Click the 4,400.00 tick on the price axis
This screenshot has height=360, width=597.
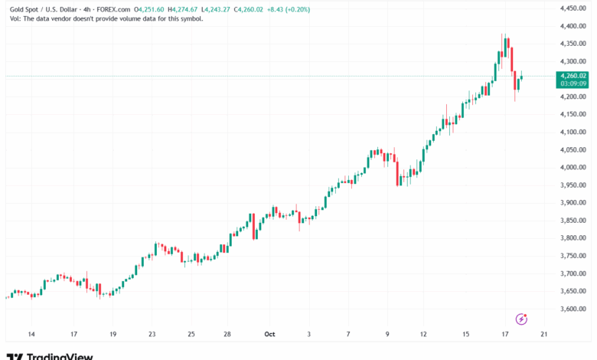point(573,26)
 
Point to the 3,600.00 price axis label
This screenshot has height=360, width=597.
point(573,309)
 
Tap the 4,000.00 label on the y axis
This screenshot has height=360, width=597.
point(573,168)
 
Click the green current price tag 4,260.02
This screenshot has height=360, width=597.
point(573,76)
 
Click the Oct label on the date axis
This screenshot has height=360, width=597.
point(269,335)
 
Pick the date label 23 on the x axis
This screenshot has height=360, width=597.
point(152,335)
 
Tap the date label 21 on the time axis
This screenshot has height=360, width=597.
point(543,335)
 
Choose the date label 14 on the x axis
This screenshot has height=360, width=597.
point(31,335)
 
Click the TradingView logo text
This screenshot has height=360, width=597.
point(60,356)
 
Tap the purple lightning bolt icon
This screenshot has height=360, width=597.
point(522,319)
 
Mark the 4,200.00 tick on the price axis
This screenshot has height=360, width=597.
point(573,97)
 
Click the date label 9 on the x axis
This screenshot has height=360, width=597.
point(387,335)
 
